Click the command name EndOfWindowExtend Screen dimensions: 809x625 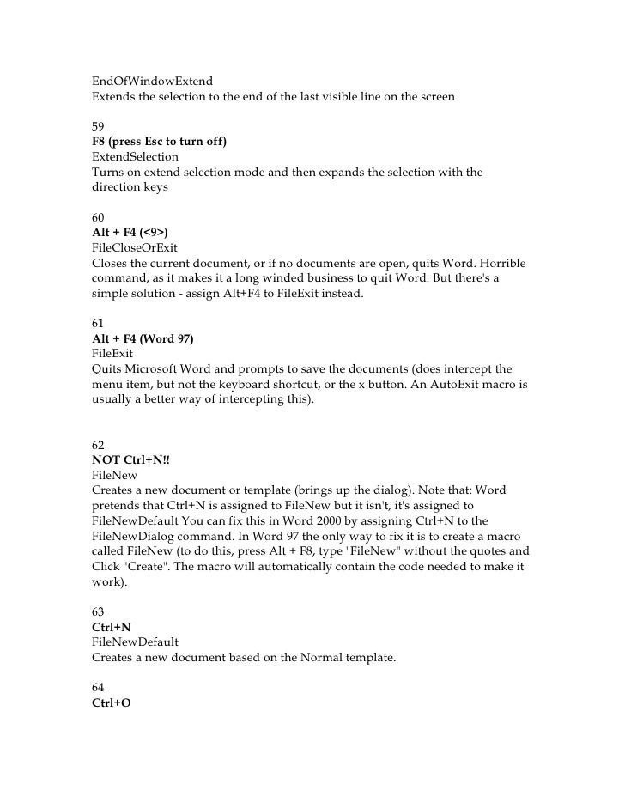point(145,80)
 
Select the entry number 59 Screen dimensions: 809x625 point(99,125)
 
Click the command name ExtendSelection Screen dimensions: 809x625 point(135,157)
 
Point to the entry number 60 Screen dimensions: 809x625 point(99,217)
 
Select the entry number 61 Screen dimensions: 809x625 point(99,324)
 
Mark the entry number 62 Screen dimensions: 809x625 point(99,446)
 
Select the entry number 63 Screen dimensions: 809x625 point(99,612)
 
